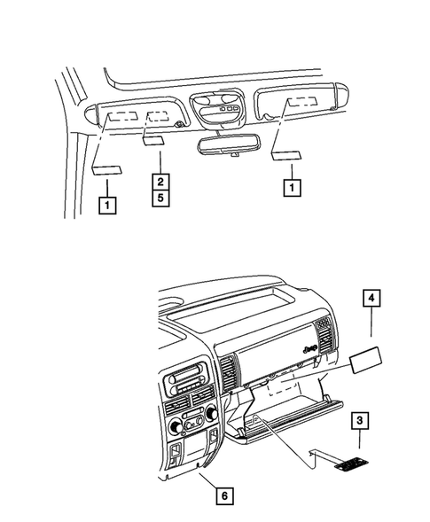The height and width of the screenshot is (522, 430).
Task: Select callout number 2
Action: coord(160,182)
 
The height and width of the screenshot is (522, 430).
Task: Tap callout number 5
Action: coord(160,198)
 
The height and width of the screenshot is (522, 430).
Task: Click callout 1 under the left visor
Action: coord(106,206)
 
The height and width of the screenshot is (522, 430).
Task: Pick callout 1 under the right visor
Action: coord(288,187)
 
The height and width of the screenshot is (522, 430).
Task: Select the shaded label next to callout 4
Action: coord(367,362)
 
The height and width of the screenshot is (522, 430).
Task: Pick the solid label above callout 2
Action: coord(152,139)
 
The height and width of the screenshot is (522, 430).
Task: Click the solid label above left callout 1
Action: coord(106,171)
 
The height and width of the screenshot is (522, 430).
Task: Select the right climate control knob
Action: coord(211,414)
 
